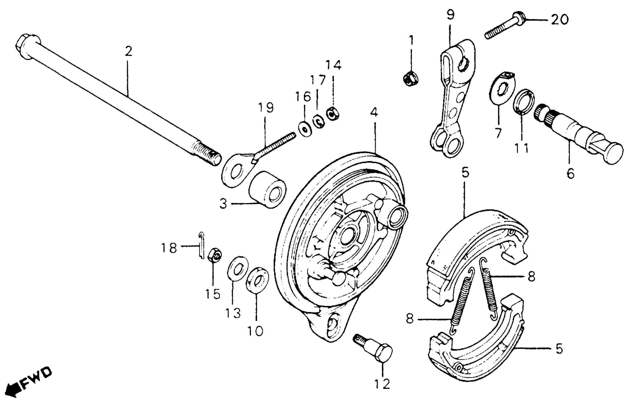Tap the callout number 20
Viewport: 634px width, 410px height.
click(x=559, y=20)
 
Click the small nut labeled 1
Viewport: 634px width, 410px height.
click(x=411, y=78)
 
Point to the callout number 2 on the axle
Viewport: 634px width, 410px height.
click(x=128, y=51)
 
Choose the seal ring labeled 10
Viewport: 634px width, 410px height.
click(x=257, y=280)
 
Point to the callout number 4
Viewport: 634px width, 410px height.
click(x=374, y=113)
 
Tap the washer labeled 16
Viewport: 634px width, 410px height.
click(x=306, y=130)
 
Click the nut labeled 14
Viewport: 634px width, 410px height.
click(x=332, y=114)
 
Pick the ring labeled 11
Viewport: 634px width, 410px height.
click(x=524, y=102)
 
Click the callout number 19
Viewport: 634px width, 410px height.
click(x=266, y=108)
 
